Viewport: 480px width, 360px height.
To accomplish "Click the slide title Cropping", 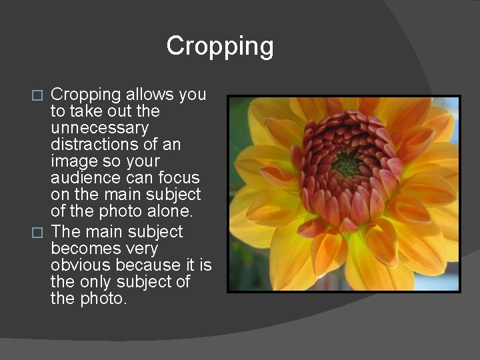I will click(x=219, y=46).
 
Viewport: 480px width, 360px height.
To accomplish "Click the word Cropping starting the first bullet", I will click(x=85, y=95).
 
